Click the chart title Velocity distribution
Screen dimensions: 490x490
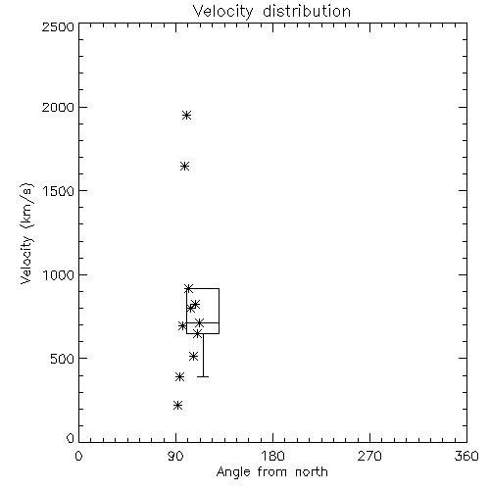tap(271, 11)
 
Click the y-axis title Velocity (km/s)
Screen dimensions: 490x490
tap(26, 233)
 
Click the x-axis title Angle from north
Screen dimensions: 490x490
tap(271, 472)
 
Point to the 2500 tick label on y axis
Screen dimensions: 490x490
tap(58, 26)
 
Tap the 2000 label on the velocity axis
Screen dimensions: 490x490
tap(58, 107)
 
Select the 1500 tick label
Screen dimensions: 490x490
tap(59, 191)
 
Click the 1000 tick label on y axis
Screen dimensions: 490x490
tap(59, 274)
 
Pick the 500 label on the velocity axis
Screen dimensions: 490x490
tap(63, 359)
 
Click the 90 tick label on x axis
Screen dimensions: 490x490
tap(175, 456)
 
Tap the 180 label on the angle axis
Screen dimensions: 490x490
tap(272, 456)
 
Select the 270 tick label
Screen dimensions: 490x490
tap(369, 456)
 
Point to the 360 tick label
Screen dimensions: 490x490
tap(466, 456)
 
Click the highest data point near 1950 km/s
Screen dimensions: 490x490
tap(186, 115)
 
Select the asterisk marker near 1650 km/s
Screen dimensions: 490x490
tap(184, 167)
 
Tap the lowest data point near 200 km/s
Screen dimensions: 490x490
tap(177, 406)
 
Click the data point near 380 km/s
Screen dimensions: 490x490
tap(179, 377)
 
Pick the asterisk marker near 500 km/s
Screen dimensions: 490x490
tap(193, 356)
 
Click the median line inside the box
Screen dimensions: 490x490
tap(203, 322)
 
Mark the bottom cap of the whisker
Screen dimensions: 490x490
tap(203, 376)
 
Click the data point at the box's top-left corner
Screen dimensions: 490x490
tap(188, 288)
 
